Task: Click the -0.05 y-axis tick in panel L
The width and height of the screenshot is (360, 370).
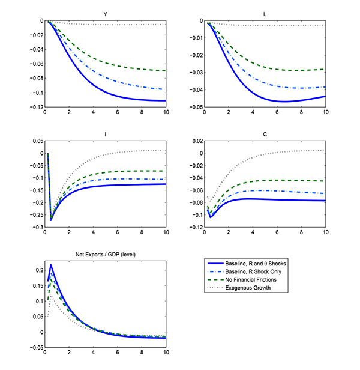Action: (x=195, y=108)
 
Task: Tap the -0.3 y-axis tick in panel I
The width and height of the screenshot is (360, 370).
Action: (x=37, y=228)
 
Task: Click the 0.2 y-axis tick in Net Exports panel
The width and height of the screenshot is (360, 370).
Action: (x=38, y=270)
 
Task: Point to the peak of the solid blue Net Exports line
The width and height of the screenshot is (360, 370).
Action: (x=51, y=265)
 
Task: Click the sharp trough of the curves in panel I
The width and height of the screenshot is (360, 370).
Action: (x=51, y=220)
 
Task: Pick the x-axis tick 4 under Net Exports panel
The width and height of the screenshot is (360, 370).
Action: (x=94, y=354)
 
